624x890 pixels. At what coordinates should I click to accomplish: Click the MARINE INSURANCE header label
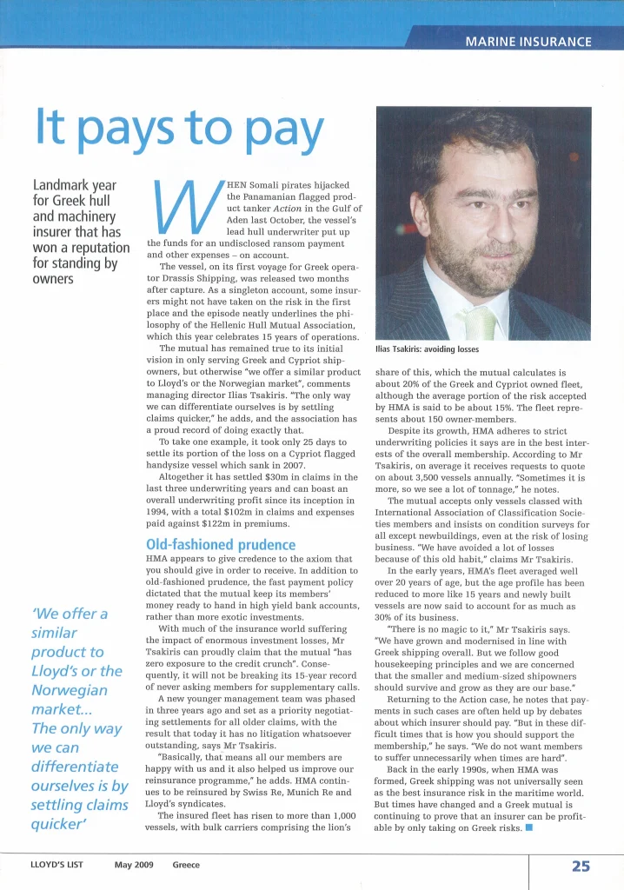click(x=528, y=42)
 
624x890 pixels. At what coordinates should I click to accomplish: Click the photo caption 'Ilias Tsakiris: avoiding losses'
click(x=427, y=349)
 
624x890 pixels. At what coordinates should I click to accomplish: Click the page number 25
click(x=581, y=866)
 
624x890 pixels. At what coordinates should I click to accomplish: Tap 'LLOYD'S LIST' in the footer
click(x=57, y=866)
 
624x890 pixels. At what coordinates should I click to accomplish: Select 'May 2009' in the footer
click(x=134, y=866)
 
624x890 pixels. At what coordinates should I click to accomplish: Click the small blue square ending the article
click(x=528, y=827)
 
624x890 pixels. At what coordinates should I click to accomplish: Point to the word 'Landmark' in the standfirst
click(x=62, y=186)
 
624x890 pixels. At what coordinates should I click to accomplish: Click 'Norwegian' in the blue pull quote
click(x=70, y=690)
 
